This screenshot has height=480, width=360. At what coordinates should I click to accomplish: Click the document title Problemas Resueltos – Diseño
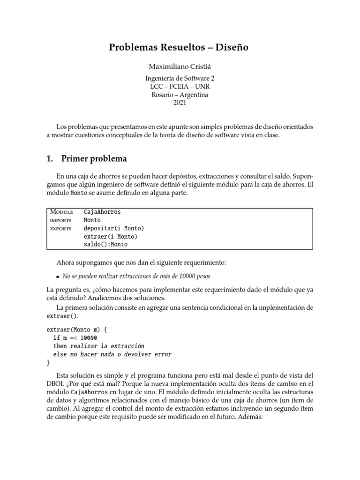tap(179, 47)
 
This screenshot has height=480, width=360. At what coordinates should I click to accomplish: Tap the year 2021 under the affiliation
tap(180, 103)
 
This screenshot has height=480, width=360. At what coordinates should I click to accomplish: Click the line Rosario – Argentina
tap(180, 95)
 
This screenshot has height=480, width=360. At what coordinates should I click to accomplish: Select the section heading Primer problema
tap(94, 158)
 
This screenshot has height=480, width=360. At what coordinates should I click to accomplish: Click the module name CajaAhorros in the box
tap(102, 212)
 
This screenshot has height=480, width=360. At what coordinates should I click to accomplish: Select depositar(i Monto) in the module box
tap(113, 228)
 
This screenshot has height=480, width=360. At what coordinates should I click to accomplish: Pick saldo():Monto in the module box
tap(105, 244)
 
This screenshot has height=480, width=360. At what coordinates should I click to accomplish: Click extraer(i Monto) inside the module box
tap(110, 236)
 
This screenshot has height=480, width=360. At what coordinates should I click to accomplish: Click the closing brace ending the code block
tap(48, 362)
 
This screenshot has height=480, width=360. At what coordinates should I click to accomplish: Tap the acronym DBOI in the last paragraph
tap(57, 384)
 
